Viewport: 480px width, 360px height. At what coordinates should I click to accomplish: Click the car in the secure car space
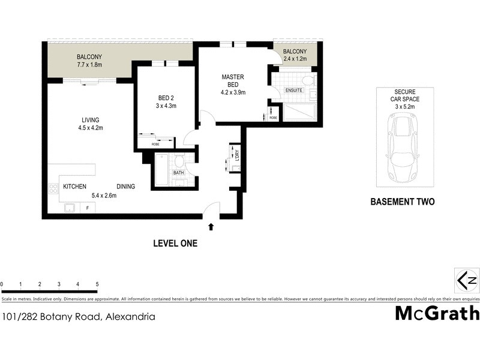402,149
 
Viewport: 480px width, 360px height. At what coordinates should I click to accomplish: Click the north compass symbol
467,280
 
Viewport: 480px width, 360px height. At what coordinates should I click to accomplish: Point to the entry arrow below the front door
210,227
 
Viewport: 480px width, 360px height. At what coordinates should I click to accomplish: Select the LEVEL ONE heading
175,244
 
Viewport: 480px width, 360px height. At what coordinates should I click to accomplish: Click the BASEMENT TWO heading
402,202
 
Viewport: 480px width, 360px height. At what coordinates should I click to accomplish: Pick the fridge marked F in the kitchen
88,208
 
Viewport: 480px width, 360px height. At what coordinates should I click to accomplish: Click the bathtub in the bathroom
163,170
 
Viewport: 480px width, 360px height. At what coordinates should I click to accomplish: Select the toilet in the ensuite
308,80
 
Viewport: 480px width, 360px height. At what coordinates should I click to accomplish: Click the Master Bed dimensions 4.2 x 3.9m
233,92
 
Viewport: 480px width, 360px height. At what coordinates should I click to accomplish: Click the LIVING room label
74,119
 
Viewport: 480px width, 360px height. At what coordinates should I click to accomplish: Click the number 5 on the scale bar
97,284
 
